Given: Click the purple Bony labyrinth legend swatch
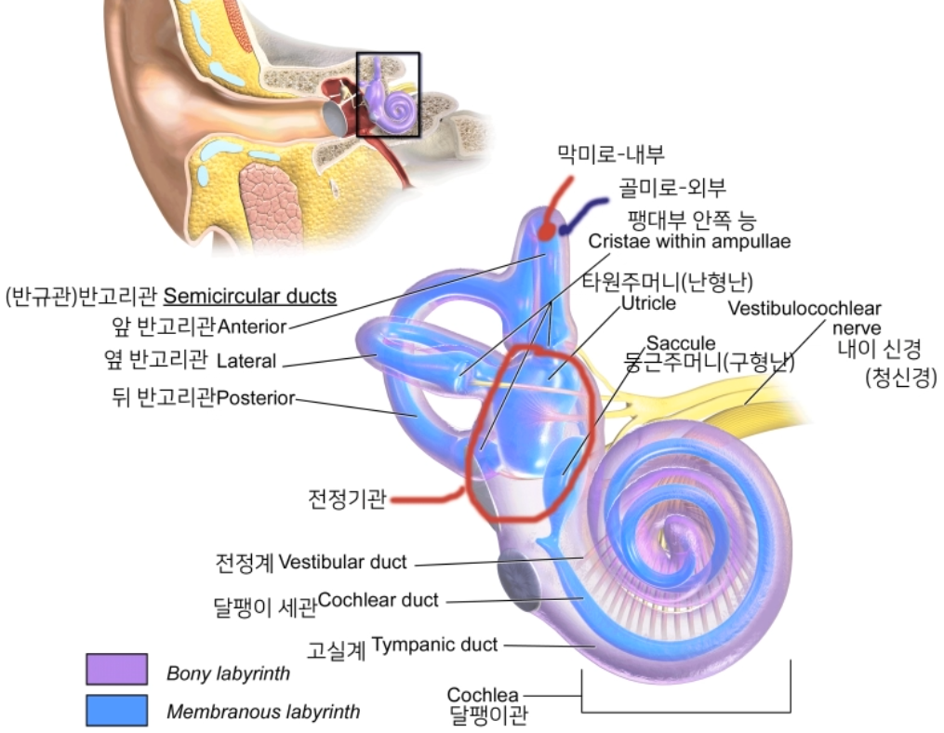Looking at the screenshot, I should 116,670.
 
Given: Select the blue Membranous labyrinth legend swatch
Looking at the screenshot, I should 116,711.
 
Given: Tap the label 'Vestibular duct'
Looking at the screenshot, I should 342,562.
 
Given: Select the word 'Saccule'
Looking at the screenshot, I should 681,344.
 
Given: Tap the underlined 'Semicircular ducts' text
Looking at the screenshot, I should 249,297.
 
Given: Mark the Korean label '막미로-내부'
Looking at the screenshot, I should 611,153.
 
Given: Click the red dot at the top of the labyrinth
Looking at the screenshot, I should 549,227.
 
